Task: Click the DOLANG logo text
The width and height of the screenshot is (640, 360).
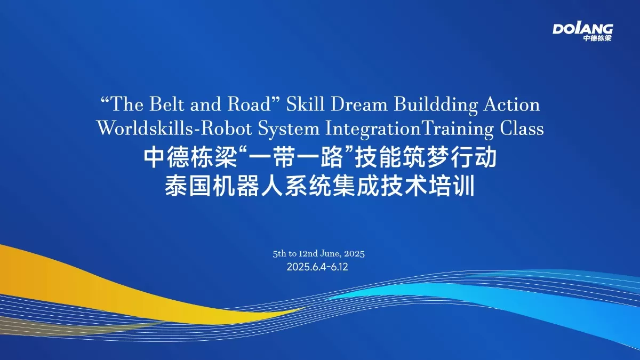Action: pos(582,28)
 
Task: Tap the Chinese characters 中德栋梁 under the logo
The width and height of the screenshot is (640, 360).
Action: pos(597,38)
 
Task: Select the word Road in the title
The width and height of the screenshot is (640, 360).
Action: pos(255,105)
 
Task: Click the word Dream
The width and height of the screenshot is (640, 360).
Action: pos(358,105)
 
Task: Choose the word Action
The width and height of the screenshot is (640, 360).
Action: pos(511,105)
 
